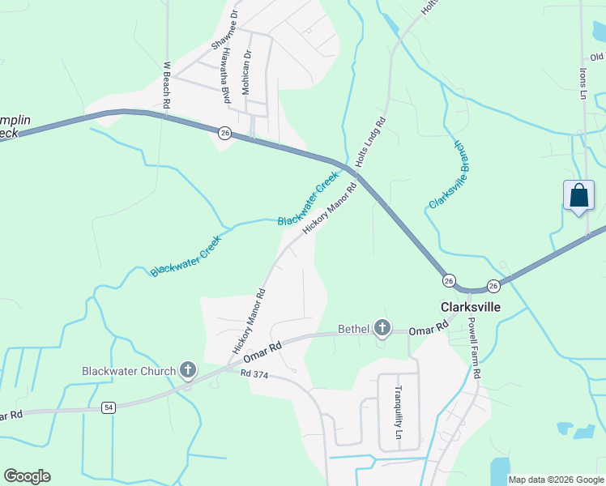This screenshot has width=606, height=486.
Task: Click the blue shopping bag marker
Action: click(x=578, y=196)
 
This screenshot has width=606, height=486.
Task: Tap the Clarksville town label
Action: click(x=470, y=308)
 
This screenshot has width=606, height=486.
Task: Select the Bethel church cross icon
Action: click(x=382, y=328)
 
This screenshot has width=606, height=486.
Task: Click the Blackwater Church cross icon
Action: click(x=188, y=371)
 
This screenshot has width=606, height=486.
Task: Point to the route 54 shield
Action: click(x=109, y=407)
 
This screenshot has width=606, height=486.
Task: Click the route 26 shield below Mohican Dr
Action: click(x=225, y=133)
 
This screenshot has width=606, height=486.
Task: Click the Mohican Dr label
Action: click(x=248, y=71)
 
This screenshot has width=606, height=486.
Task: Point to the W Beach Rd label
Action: click(x=167, y=85)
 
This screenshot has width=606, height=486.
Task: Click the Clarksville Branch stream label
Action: click(x=451, y=175)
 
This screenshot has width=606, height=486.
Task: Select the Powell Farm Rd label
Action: click(x=476, y=347)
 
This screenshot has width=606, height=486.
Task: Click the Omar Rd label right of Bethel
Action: click(x=429, y=330)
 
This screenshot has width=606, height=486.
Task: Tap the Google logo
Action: click(x=27, y=476)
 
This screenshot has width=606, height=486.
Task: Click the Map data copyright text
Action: click(x=555, y=480)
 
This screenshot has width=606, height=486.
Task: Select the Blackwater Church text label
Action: click(x=129, y=372)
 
